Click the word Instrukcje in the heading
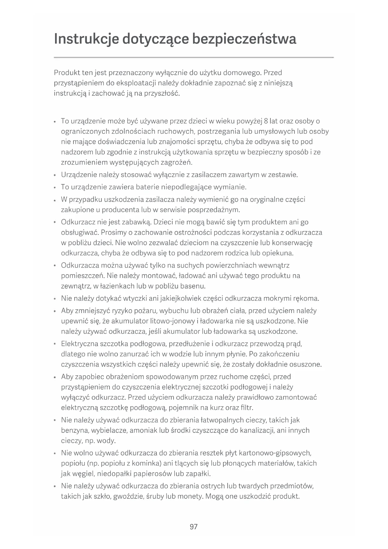pyautogui.click(x=86, y=39)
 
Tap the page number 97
pyautogui.click(x=194, y=526)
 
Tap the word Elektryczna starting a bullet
pyautogui.click(x=79, y=344)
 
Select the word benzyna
pyautogui.click(x=75, y=431)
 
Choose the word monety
pyautogui.click(x=190, y=496)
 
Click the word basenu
pyautogui.click(x=193, y=286)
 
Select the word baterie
pyautogui.click(x=148, y=187)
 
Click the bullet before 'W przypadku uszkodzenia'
pyautogui.click(x=55, y=200)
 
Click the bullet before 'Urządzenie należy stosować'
pyautogui.click(x=55, y=175)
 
